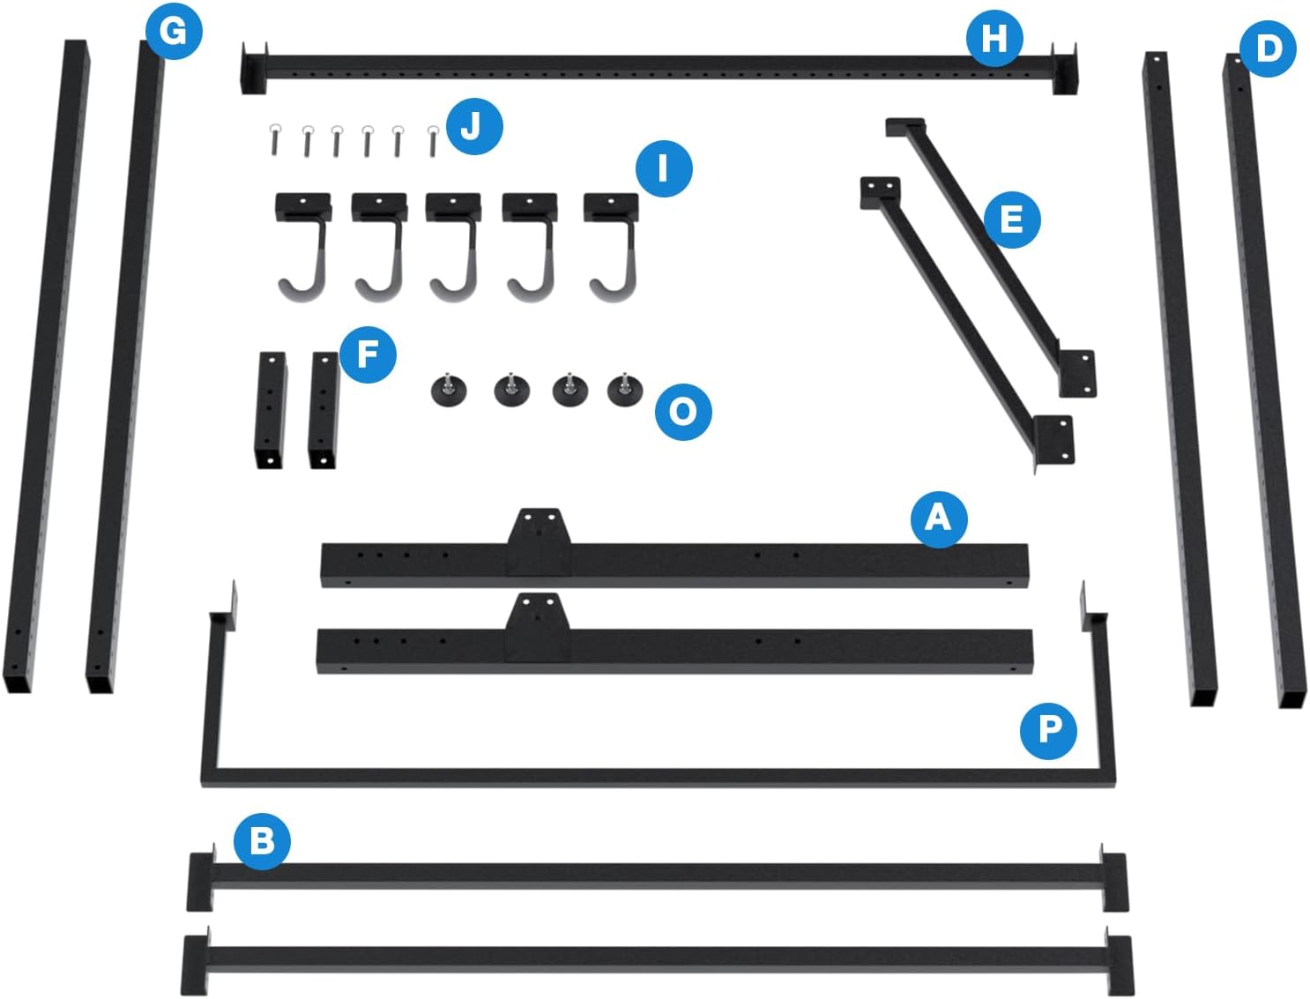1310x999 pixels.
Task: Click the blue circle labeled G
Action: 174,31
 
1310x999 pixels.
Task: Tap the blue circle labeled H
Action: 994,38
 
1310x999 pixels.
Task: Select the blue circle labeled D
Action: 1268,48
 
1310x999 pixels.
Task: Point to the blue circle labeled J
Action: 474,126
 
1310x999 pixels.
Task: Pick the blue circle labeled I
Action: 664,169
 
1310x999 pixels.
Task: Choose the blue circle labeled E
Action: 1012,220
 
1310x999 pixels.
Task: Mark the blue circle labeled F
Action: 368,354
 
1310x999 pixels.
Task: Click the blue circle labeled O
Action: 682,412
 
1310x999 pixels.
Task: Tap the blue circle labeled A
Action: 938,519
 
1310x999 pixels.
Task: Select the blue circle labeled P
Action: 1048,730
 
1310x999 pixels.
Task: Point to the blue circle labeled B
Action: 262,841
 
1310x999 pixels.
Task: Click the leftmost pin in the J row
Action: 274,139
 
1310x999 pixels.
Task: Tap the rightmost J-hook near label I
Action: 613,247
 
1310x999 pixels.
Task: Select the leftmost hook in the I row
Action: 304,247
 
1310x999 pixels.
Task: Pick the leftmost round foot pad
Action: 449,391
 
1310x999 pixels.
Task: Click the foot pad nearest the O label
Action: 625,391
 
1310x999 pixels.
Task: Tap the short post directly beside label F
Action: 323,410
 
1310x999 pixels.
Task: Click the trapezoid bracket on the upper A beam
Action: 539,542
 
